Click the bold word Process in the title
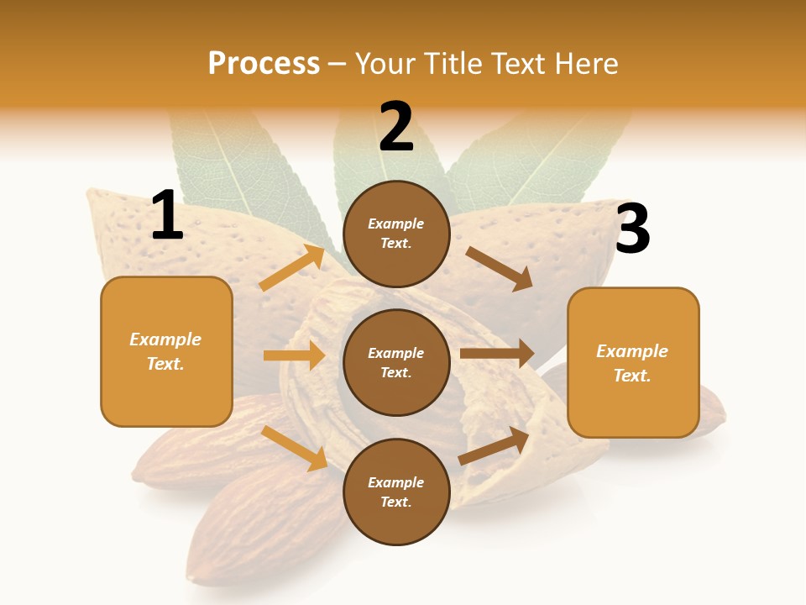coord(264,63)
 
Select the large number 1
coord(167,216)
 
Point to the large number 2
coord(396,127)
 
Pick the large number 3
coord(632,229)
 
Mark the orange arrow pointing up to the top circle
coord(291,268)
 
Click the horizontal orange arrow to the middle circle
coord(294,355)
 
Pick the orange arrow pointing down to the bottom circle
coord(295,448)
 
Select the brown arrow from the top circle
coord(500,268)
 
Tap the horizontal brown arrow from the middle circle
coord(497,354)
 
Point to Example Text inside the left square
coord(165,351)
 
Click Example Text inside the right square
coord(632,363)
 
